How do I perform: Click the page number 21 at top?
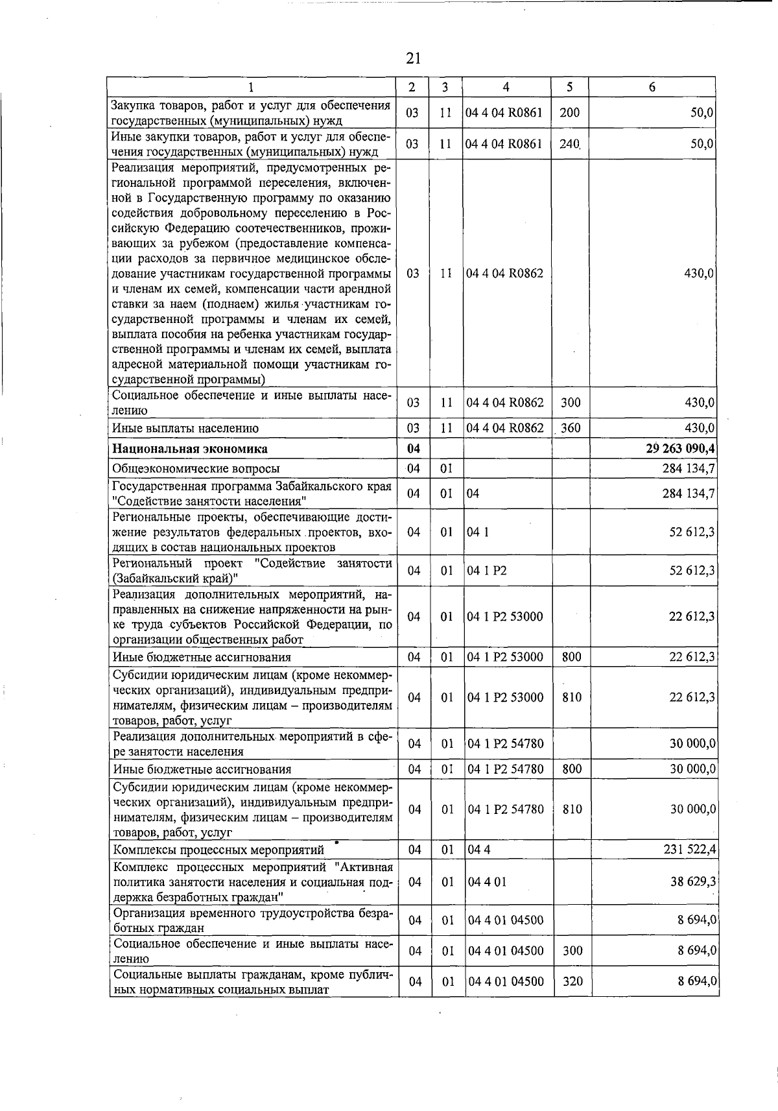[x=413, y=58]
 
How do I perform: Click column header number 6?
[x=652, y=87]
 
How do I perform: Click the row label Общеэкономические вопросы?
[x=196, y=468]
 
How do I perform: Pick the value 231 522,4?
[x=689, y=849]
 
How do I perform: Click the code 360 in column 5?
[x=571, y=428]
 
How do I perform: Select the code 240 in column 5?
[x=569, y=144]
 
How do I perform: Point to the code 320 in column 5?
[x=572, y=981]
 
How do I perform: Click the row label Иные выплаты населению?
[x=185, y=428]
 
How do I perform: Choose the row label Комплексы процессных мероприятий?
[x=218, y=850]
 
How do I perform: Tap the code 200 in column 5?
[x=569, y=112]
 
